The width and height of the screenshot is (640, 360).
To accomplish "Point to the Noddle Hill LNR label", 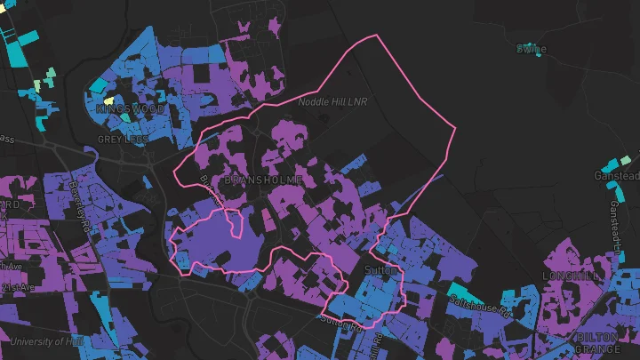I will (332, 102).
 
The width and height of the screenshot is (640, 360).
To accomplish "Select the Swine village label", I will (532, 49).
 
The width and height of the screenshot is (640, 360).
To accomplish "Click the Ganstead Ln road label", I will (615, 222).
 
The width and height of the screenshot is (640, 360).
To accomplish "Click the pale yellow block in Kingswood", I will (109, 100).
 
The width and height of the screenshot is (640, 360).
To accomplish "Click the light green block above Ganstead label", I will (626, 160).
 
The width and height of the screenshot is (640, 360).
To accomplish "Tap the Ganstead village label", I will (617, 176).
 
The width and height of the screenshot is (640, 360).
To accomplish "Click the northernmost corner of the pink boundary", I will (379, 36).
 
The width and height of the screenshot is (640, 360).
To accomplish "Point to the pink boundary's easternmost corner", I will (455, 127).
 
